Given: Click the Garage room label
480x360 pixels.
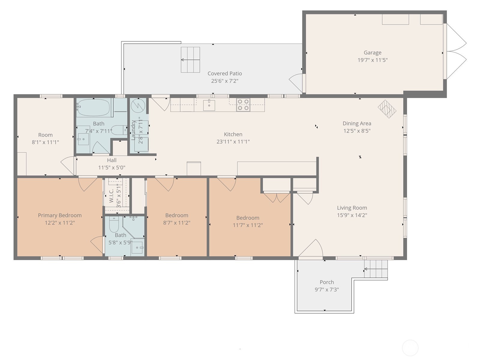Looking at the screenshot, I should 372,53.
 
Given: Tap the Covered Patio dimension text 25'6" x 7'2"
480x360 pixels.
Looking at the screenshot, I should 225,81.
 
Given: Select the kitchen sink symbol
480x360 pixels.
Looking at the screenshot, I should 209,105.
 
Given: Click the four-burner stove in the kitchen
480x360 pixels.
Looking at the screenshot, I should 243,105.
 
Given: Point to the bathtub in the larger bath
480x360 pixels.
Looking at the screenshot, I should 93,107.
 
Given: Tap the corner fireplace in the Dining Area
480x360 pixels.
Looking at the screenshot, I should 387,109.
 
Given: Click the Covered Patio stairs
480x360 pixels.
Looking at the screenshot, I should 190,60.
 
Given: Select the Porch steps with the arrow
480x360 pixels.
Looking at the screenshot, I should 376,269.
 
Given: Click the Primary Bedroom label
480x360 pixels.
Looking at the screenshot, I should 60,215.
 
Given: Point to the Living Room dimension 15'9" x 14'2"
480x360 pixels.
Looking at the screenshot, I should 352,215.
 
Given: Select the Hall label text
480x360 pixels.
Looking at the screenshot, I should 112,160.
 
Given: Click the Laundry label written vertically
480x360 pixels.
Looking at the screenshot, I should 134,130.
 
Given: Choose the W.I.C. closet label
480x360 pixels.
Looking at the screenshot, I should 111,196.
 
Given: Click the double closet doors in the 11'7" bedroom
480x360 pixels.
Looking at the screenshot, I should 277,197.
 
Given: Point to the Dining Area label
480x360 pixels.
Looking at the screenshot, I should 357,123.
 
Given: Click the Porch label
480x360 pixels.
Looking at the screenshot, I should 327,282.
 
